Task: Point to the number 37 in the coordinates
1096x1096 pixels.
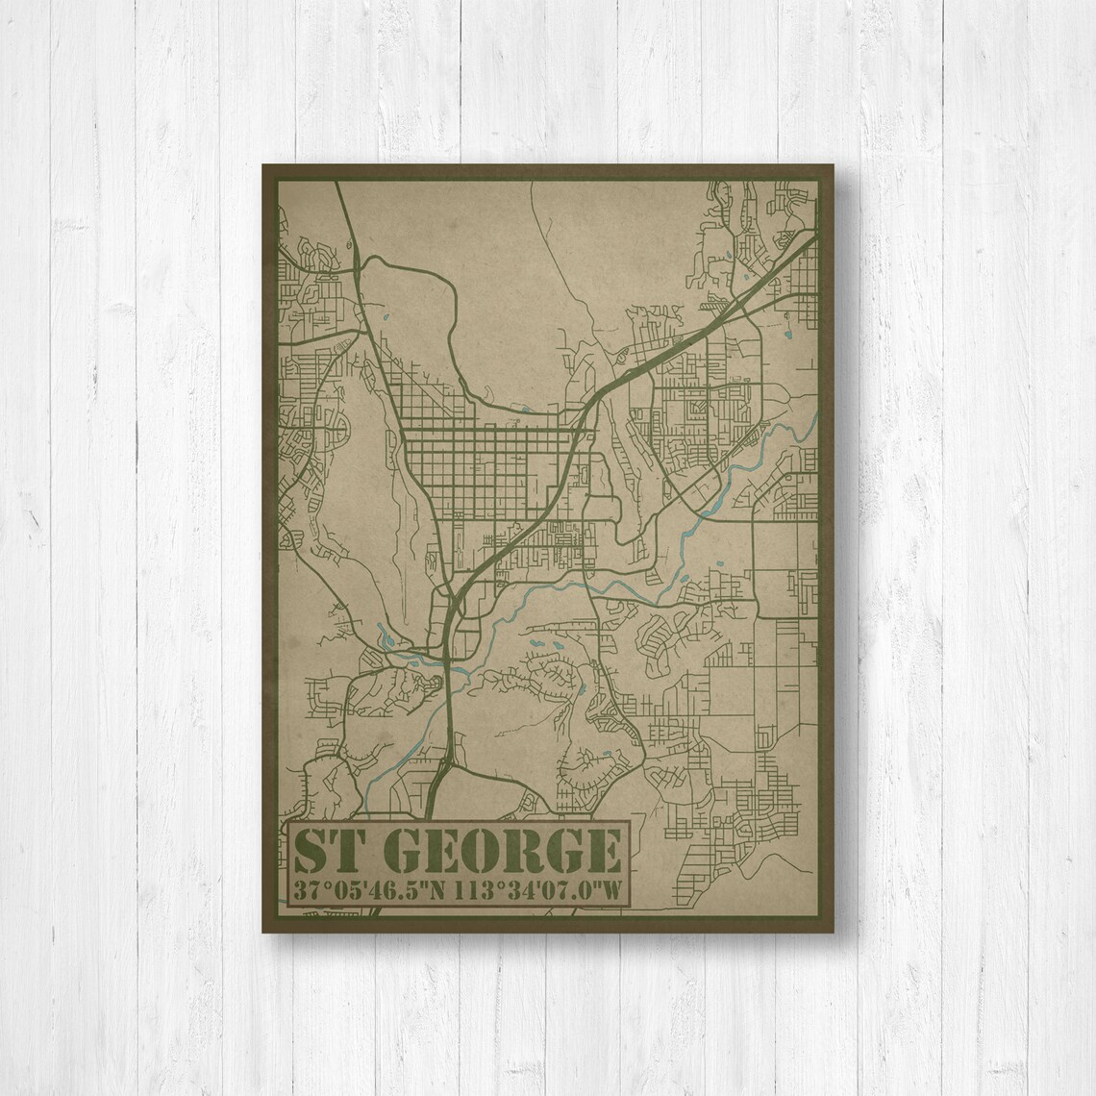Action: [309, 890]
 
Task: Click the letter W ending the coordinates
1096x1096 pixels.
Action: [609, 890]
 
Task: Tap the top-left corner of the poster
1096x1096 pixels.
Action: [263, 165]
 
